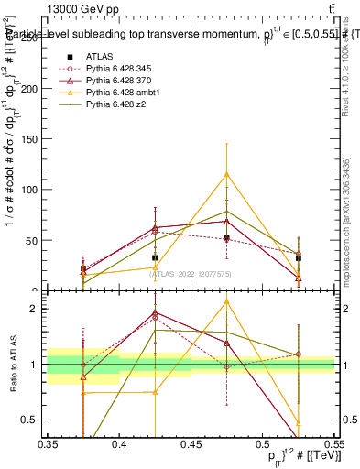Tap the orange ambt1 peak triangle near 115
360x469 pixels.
(226, 175)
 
